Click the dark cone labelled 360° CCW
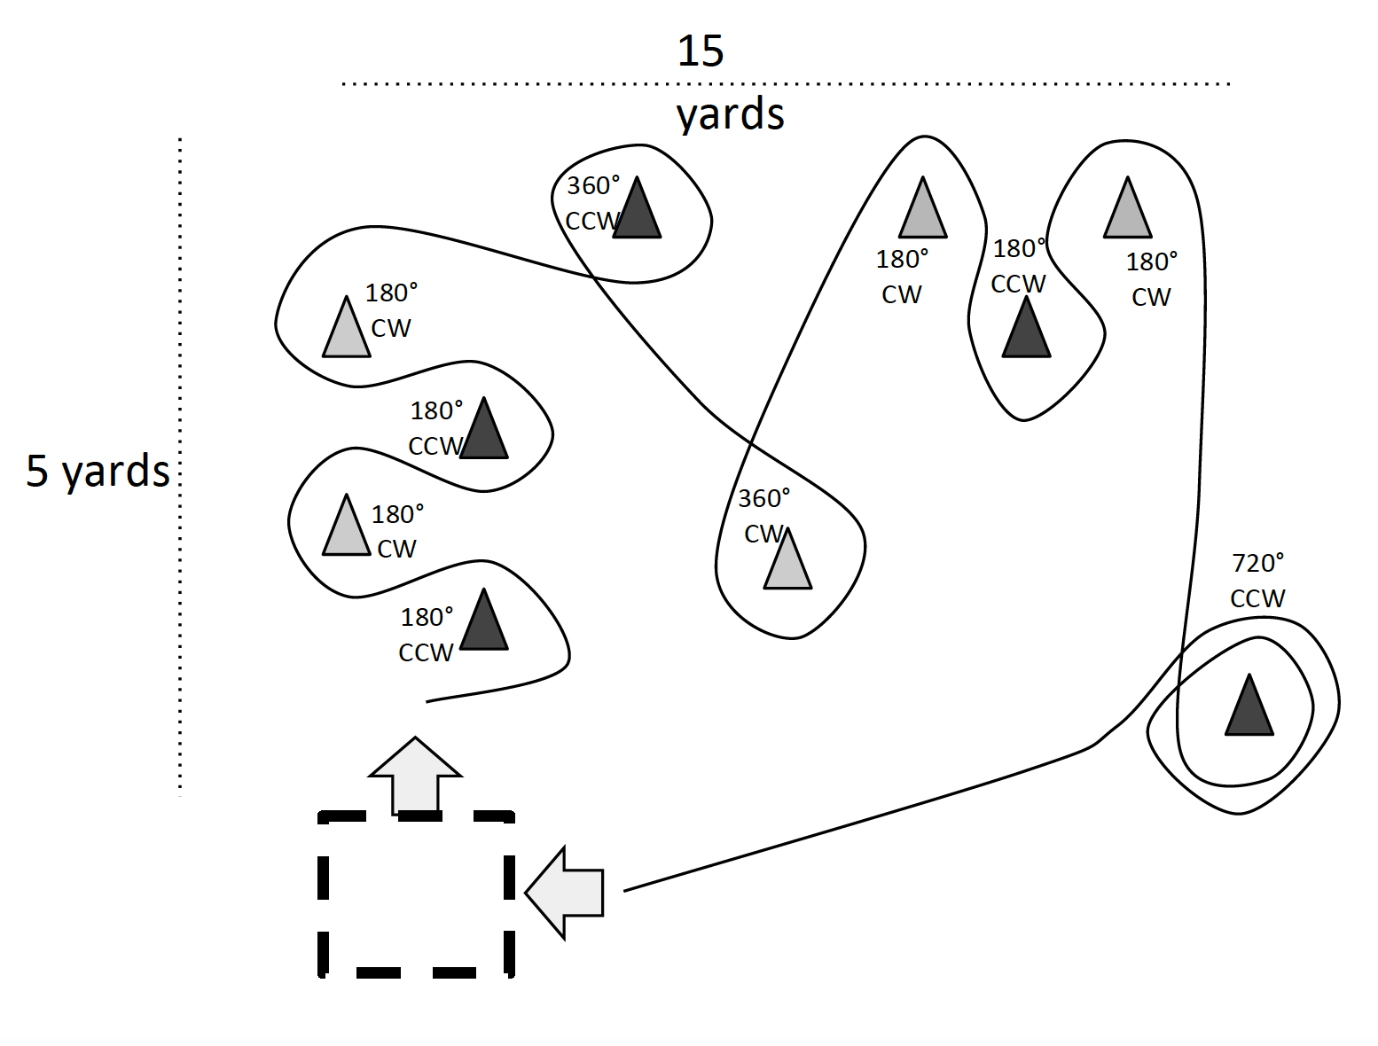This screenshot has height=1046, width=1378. tap(637, 211)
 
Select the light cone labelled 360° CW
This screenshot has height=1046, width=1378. tap(787, 562)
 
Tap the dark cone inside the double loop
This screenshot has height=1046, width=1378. tap(1249, 708)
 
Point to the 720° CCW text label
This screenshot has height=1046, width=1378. tap(1257, 581)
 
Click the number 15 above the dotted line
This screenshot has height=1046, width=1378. tap(701, 51)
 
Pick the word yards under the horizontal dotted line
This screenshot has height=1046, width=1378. tap(730, 115)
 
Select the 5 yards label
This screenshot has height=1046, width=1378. tap(98, 471)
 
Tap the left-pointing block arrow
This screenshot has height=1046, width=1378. tap(565, 893)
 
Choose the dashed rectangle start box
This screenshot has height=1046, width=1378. tap(416, 894)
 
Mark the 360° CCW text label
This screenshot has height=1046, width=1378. tap(592, 203)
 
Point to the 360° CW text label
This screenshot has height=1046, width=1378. tap(763, 516)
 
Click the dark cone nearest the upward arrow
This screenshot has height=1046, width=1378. tap(484, 622)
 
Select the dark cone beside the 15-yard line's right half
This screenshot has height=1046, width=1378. tap(1026, 330)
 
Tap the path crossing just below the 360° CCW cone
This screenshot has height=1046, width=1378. tap(592, 277)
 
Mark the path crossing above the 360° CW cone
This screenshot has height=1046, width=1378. tap(751, 441)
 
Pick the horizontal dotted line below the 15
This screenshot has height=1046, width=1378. tap(786, 84)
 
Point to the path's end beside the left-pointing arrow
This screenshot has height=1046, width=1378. tap(625, 890)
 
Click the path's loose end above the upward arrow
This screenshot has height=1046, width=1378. tap(428, 701)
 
